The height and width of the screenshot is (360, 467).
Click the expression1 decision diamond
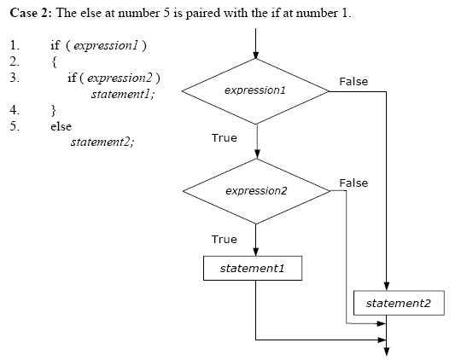click(256, 90)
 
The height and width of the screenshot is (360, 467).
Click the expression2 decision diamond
click(256, 190)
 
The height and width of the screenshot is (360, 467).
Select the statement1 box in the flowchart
click(252, 268)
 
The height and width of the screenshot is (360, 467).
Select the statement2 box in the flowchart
click(399, 303)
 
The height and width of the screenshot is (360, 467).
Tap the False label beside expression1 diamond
click(353, 81)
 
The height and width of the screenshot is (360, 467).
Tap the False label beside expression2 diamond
click(353, 183)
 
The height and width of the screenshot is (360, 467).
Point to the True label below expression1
click(224, 137)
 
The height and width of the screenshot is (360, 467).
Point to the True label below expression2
click(224, 239)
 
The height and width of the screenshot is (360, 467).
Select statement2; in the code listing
click(102, 142)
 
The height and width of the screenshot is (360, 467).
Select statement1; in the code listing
click(123, 93)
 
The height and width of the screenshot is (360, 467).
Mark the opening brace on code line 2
click(54, 61)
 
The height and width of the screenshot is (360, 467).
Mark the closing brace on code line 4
click(54, 110)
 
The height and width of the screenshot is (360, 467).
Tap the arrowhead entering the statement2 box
click(387, 286)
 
